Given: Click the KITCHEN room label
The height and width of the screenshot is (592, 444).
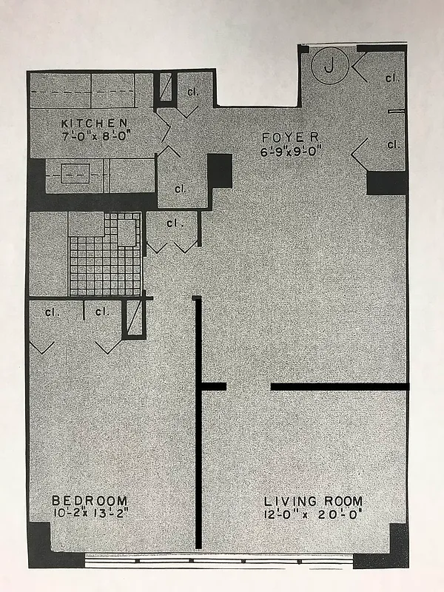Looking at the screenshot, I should (95, 123).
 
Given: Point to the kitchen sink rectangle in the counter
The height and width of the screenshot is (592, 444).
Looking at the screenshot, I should (73, 175).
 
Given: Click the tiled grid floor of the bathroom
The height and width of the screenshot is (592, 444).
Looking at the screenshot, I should (104, 263).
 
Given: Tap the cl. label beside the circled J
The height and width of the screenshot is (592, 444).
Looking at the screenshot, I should (391, 77).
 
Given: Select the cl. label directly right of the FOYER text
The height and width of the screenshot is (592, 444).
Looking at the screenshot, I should (391, 144).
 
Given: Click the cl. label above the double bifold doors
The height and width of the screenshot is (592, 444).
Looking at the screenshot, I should (175, 222).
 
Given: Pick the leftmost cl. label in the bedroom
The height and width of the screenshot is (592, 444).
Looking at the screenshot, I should (51, 312).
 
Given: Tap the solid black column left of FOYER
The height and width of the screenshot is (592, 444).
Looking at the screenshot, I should (220, 172).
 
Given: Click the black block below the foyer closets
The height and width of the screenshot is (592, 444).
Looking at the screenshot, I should (386, 183).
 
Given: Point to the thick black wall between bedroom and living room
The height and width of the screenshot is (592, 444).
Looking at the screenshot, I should (198, 444).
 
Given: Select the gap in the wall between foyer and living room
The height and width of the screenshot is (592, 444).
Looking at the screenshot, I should (248, 386).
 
